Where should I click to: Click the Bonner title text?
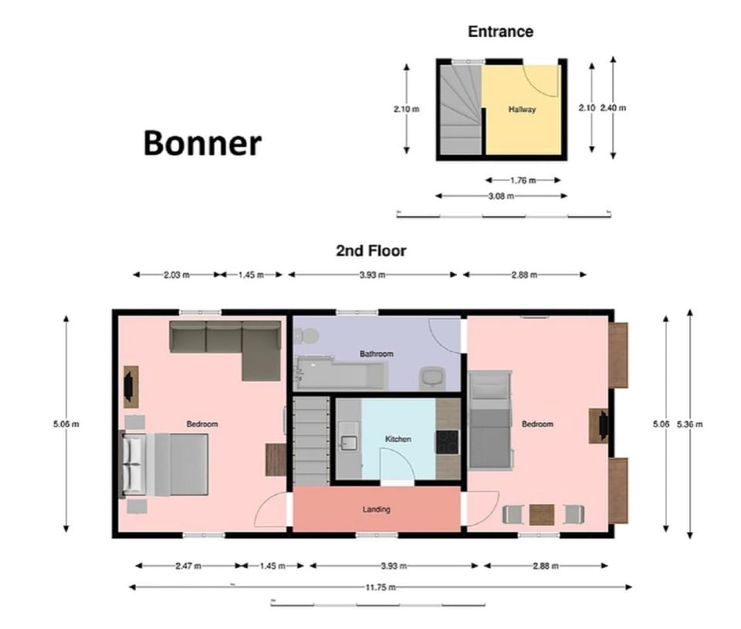pos(202,144)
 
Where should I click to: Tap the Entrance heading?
pos(500,32)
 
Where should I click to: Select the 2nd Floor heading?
pos(370,251)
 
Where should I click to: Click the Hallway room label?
pos(522,110)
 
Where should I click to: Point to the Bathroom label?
pos(376,354)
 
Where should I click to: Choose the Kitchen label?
pos(398,439)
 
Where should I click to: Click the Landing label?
pos(376,509)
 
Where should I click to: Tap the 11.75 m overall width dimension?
pos(380,587)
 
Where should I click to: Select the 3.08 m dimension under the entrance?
pos(502,196)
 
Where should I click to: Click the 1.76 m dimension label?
pos(523,180)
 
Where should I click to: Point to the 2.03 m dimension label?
pos(177,275)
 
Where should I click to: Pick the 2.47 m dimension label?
pos(188,566)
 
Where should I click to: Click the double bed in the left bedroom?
pos(167,464)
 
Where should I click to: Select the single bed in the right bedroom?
pos(490,420)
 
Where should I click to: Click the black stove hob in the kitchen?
pos(447,441)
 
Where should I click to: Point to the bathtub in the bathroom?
pos(340,375)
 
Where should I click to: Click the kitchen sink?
pos(347,442)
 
